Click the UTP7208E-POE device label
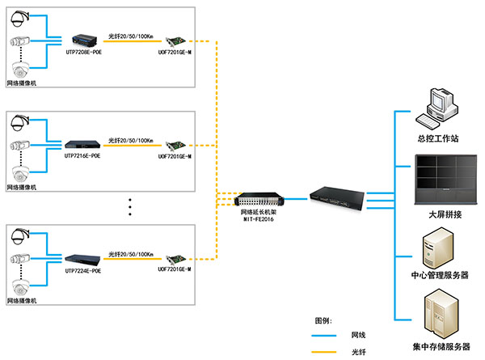(x=82, y=51)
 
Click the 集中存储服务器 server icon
(x=440, y=319)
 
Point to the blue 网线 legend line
(x=327, y=334)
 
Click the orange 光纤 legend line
(x=327, y=351)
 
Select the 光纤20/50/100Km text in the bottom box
(x=131, y=253)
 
